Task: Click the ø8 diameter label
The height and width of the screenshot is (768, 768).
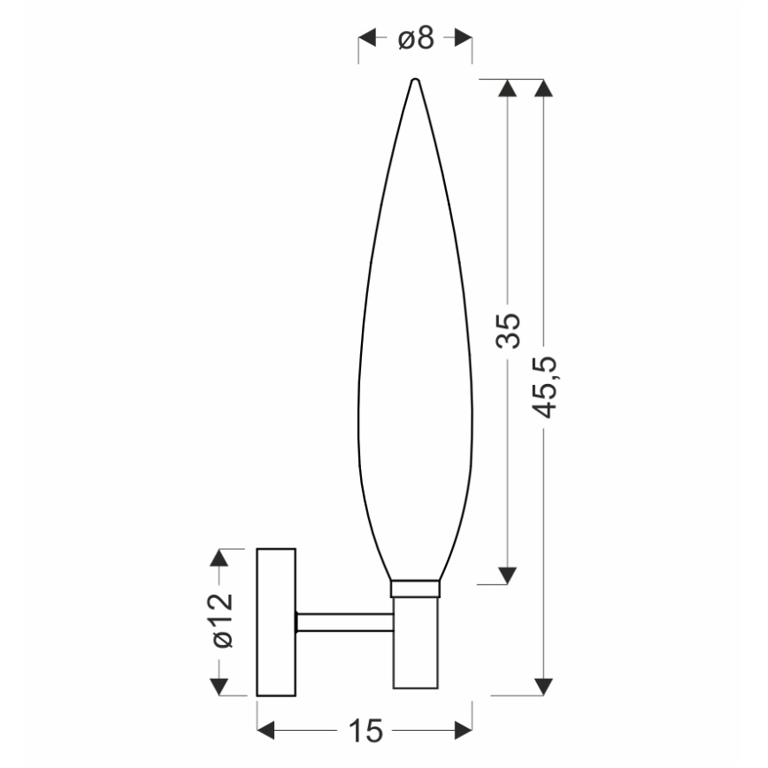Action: [x=415, y=39]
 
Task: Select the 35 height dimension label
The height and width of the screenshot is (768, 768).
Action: [x=508, y=330]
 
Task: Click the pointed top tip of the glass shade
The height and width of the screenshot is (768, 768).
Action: [x=415, y=81]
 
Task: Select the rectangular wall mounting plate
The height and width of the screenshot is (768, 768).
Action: [x=276, y=622]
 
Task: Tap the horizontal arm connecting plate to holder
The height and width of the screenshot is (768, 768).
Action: [x=344, y=622]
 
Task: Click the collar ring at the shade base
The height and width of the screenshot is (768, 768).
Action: [x=415, y=588]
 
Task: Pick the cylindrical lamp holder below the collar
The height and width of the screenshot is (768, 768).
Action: [x=415, y=641]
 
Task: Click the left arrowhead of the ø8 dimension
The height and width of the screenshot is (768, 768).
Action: [x=367, y=39]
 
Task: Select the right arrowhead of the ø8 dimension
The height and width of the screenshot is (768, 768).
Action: [x=462, y=39]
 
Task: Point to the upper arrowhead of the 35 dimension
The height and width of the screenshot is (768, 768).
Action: [x=508, y=88]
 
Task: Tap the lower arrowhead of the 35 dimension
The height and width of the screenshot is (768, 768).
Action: [x=508, y=575]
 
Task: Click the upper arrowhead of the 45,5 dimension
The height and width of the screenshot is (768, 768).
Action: [x=545, y=88]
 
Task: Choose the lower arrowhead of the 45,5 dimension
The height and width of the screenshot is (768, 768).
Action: [x=545, y=687]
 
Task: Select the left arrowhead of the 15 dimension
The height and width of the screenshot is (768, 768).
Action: [x=266, y=731]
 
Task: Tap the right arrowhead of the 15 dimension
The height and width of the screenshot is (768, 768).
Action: [x=463, y=731]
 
